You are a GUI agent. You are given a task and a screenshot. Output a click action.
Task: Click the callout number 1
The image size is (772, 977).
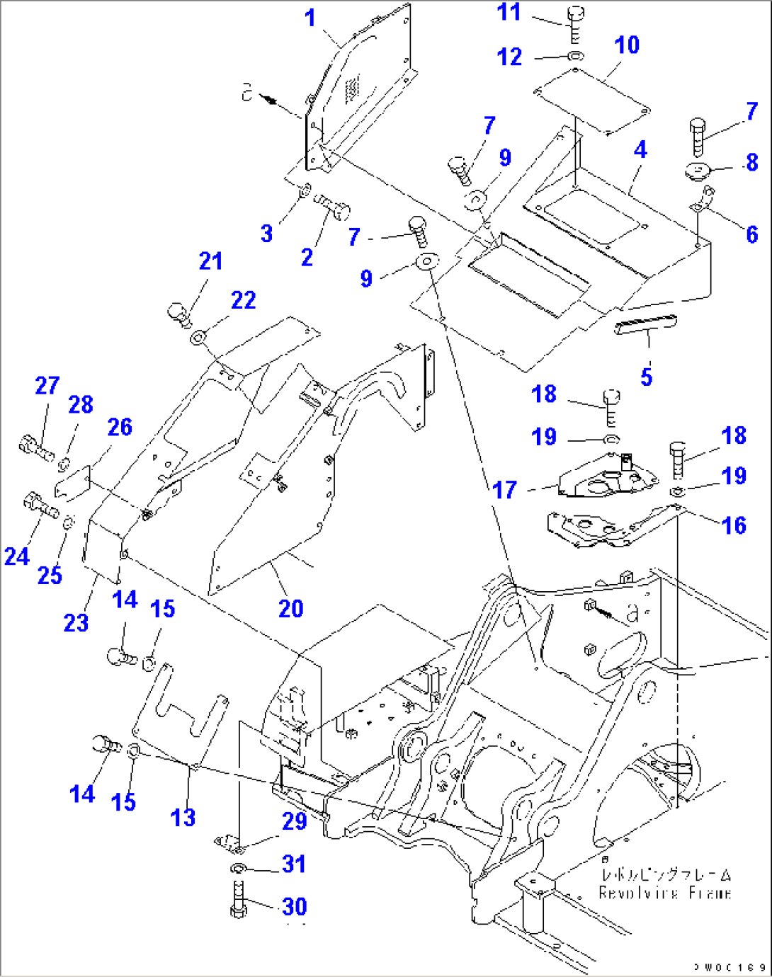pos(310,18)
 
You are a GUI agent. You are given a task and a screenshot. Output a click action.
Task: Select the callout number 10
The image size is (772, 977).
pos(627,45)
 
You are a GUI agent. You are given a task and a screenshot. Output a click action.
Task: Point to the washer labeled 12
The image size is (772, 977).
pos(576,55)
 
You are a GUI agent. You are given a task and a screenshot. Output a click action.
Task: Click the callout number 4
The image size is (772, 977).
pos(640,149)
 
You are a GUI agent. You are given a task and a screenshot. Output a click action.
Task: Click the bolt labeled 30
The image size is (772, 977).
pos(239,901)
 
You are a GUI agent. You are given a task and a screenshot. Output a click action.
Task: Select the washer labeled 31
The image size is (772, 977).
pos(238,869)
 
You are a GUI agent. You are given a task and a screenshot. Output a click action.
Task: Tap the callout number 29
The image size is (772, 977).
pos(295,821)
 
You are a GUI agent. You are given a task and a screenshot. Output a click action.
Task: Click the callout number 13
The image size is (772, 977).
pos(183,818)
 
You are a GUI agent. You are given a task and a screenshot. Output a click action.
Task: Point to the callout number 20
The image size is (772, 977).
pos(290,608)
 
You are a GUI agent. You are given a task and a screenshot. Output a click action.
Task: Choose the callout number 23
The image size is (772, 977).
pos(76,623)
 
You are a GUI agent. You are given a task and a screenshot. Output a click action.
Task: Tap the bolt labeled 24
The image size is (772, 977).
pos(40,505)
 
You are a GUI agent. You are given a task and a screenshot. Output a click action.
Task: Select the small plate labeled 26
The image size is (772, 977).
pos(72,483)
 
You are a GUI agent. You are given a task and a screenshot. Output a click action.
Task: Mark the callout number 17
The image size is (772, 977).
pos(504,490)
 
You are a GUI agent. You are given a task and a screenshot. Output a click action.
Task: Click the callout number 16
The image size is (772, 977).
pos(734,525)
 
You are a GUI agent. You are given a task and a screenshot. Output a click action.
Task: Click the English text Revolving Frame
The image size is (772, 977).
pos(664,893)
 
